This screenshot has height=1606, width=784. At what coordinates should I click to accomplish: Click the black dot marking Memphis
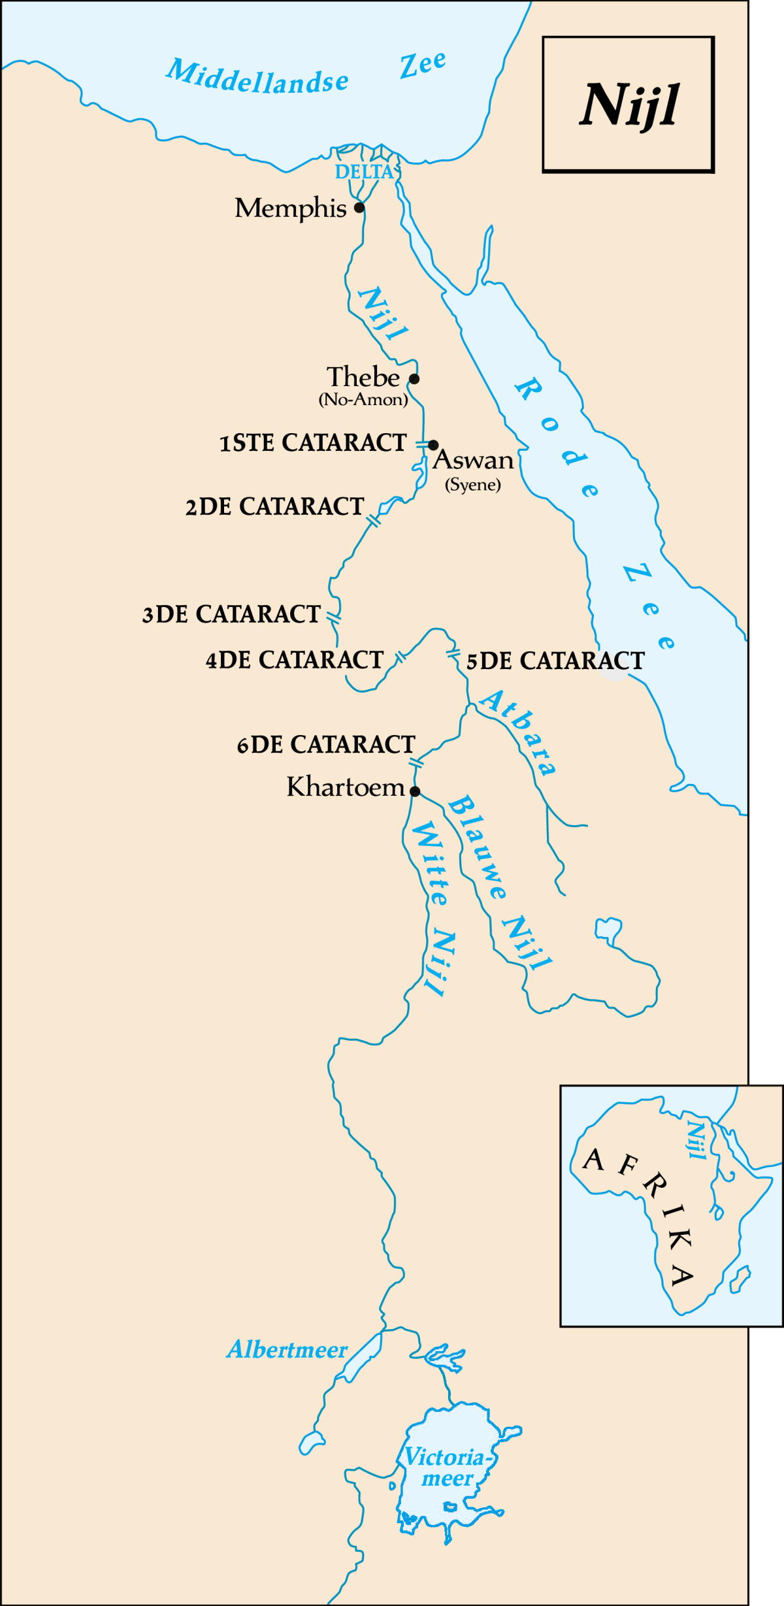tap(359, 208)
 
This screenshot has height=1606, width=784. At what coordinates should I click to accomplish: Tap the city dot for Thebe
tap(414, 378)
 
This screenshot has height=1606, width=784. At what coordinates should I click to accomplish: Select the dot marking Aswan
tap(433, 446)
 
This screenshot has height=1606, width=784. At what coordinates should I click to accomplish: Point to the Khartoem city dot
tap(415, 791)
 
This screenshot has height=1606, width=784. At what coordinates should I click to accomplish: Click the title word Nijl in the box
tap(629, 105)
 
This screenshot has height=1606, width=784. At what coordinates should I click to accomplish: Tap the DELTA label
tap(365, 172)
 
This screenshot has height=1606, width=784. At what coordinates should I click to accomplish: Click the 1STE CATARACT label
tap(313, 443)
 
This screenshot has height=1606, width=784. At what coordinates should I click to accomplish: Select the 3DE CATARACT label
tap(231, 614)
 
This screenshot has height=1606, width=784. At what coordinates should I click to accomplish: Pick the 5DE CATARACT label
tap(555, 661)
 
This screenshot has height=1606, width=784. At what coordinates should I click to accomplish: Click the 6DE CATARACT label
tap(326, 744)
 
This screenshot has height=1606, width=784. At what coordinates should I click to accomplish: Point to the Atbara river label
tap(519, 731)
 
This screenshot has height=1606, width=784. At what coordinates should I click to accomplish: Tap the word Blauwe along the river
tap(477, 847)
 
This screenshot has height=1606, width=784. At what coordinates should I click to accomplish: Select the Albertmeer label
tap(287, 1350)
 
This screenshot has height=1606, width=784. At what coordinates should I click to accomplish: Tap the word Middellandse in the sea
tap(257, 78)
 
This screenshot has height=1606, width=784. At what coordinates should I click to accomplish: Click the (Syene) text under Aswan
tap(473, 485)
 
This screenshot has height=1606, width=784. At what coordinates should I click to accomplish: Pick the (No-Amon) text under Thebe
tap(363, 400)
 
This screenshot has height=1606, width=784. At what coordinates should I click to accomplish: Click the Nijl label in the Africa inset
tap(696, 1139)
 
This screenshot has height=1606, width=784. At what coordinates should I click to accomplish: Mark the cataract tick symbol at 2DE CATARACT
tap(374, 521)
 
